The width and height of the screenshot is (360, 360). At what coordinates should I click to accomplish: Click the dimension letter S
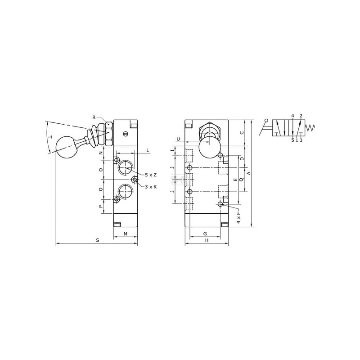click(x=98, y=240)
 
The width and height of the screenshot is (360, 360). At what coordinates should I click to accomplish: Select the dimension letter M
click(x=126, y=234)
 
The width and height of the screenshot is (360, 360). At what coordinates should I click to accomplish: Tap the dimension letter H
click(x=207, y=240)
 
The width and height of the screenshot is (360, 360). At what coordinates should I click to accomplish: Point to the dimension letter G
click(x=205, y=234)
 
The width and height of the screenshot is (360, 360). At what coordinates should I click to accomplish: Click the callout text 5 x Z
click(x=151, y=175)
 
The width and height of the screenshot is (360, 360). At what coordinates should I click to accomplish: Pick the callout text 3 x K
click(x=151, y=187)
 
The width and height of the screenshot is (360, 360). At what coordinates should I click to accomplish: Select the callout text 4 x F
click(x=239, y=216)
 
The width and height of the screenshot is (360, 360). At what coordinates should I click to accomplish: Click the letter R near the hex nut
click(x=94, y=117)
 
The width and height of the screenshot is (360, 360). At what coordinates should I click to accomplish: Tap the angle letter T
click(x=50, y=137)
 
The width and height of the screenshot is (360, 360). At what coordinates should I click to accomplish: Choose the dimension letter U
click(x=178, y=139)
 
